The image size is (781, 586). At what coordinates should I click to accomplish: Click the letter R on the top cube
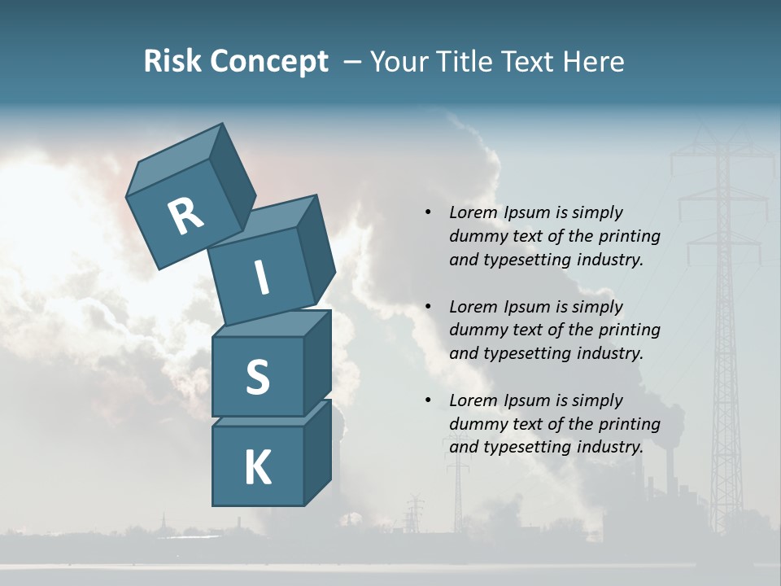point(185,216)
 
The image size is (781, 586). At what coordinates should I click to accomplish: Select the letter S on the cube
point(257,378)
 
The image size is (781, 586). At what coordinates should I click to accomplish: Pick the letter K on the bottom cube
point(257,468)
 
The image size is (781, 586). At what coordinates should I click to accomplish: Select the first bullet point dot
point(428,213)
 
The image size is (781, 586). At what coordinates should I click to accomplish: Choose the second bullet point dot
point(428,307)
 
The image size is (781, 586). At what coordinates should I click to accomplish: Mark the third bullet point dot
point(428,400)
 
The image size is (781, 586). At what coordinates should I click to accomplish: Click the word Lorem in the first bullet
point(472,212)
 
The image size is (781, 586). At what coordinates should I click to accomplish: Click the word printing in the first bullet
point(630,236)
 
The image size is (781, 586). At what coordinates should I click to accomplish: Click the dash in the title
point(353,62)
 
